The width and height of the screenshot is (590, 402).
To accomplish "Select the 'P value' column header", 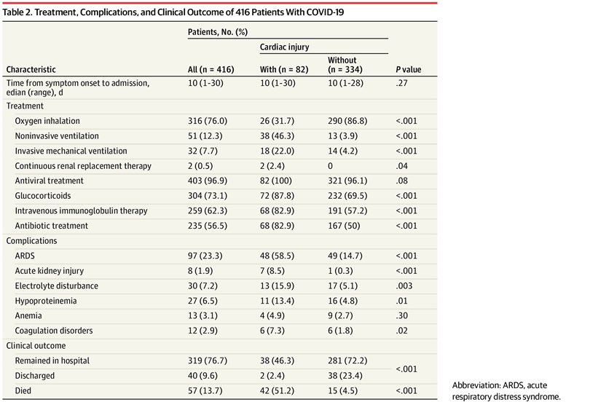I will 409,70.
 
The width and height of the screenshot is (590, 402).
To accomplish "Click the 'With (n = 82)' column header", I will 284,70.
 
